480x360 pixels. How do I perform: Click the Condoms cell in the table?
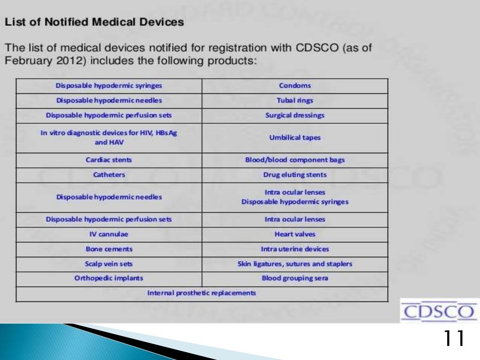295,86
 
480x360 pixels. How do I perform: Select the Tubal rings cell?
295,101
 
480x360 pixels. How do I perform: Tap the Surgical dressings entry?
295,115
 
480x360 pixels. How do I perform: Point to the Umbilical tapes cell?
295,138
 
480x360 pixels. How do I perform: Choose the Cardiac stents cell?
109,160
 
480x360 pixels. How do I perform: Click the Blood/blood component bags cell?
295,160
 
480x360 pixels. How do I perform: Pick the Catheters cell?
109,175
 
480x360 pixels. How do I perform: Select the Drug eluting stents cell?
295,175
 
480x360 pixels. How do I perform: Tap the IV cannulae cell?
109,234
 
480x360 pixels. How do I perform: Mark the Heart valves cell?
295,234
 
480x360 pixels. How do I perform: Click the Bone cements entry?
109,249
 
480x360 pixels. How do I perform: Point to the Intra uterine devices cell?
295,249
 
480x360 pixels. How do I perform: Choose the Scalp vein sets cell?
109,264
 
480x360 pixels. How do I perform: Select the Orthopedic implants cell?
109,278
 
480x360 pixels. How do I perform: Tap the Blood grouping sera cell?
295,278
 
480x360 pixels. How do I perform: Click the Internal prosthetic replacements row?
202,293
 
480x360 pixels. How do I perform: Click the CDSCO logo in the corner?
438,311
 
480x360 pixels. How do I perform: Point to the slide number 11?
453,338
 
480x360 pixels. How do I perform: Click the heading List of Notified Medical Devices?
94,22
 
